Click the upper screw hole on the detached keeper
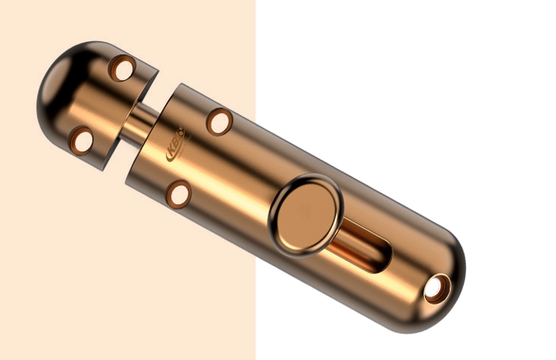[x=121, y=68]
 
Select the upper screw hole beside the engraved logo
[x=219, y=122]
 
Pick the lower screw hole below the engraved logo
[x=179, y=194]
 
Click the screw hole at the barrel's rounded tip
[x=436, y=289]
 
